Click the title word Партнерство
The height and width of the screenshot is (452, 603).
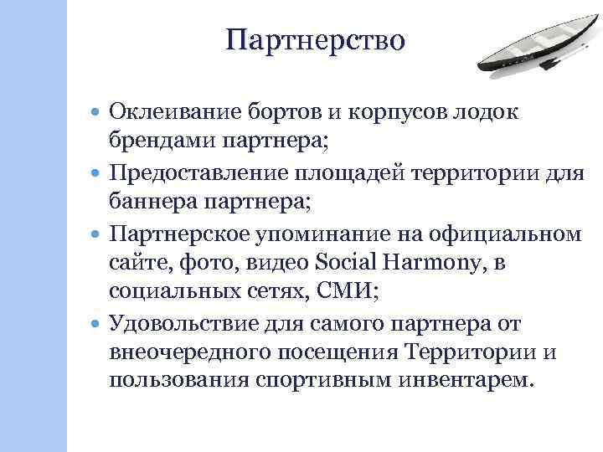[x=316, y=39]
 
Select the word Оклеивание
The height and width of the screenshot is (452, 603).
[x=172, y=111]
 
